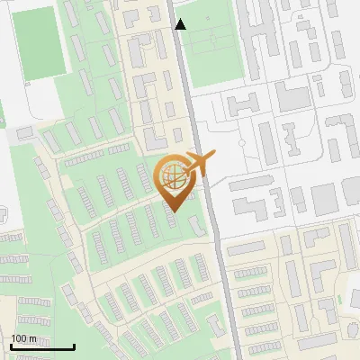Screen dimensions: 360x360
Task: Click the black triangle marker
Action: coord(181,24)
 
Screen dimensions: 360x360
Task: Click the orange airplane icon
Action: coord(197,164)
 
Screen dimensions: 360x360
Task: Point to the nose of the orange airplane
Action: coord(214,157)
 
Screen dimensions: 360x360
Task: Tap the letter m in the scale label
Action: coord(33,339)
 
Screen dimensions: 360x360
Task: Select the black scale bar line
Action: coord(42,346)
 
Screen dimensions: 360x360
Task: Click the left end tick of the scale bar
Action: coord(11,345)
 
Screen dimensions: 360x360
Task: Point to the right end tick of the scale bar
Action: coord(74,345)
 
